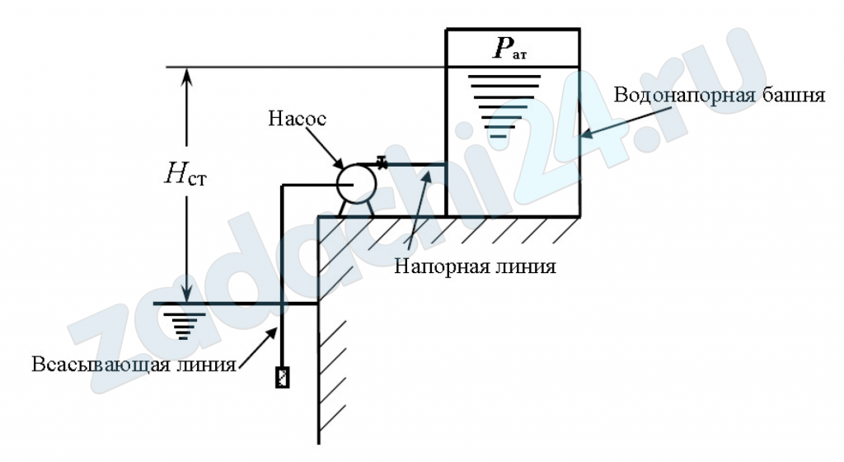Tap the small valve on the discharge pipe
[382, 162]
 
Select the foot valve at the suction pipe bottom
[282, 376]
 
